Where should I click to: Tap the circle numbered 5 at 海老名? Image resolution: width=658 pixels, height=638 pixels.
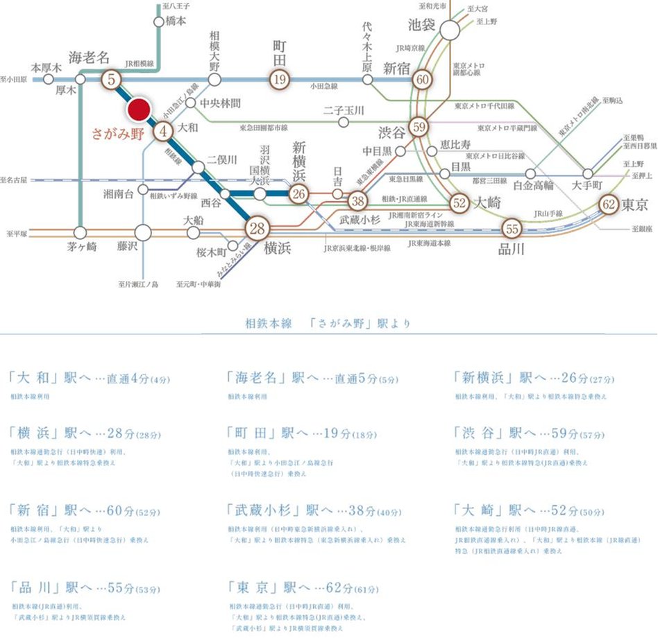pyautogui.click(x=111, y=79)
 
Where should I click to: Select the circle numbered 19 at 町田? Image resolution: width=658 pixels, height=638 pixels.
pyautogui.click(x=279, y=79)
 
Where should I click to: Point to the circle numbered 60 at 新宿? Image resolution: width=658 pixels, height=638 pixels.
pyautogui.click(x=423, y=79)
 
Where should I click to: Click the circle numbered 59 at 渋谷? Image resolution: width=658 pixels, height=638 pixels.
pyautogui.click(x=418, y=127)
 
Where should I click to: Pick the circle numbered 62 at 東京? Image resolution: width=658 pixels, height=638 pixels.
pyautogui.click(x=609, y=205)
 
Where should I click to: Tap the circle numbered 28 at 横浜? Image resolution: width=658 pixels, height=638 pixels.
pyautogui.click(x=258, y=229)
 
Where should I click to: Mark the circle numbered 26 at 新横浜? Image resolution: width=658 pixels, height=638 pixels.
pyautogui.click(x=299, y=195)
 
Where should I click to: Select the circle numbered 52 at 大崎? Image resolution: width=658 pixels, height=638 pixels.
pyautogui.click(x=459, y=202)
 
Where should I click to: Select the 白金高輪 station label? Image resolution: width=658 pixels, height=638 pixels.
pyautogui.click(x=533, y=186)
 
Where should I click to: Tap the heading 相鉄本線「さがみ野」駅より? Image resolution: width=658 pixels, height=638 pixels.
pyautogui.click(x=328, y=323)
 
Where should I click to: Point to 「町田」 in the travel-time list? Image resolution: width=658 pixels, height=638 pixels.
pyautogui.click(x=250, y=433)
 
